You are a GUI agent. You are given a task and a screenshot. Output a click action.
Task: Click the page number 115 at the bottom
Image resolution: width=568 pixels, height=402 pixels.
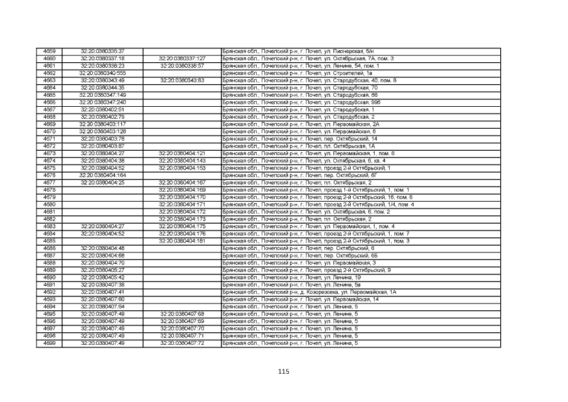[284, 371]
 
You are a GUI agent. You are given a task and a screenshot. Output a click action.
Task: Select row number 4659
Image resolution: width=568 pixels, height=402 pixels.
[49, 52]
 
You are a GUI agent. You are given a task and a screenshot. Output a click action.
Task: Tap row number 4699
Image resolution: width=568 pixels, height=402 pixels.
[49, 344]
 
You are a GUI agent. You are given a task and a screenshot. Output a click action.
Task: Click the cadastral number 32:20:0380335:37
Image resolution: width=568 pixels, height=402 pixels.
[102, 52]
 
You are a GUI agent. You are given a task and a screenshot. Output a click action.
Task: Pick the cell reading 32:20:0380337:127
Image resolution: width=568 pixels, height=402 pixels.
[182, 58]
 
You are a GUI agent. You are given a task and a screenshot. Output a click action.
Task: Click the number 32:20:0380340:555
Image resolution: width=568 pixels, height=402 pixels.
[102, 73]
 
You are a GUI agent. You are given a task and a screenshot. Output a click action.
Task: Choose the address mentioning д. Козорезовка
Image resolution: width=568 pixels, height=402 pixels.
[309, 292]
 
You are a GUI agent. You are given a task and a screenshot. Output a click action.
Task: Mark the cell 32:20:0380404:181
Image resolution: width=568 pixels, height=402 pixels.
[182, 241]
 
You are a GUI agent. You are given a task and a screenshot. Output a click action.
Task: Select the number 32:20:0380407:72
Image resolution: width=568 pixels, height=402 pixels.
[182, 344]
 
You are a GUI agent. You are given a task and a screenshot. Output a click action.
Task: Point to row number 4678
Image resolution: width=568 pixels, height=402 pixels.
[49, 190]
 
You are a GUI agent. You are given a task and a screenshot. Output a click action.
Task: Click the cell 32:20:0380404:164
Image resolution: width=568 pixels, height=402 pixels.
[102, 175]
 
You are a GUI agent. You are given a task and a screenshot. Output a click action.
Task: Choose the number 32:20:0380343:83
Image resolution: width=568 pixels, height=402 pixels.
[182, 80]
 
